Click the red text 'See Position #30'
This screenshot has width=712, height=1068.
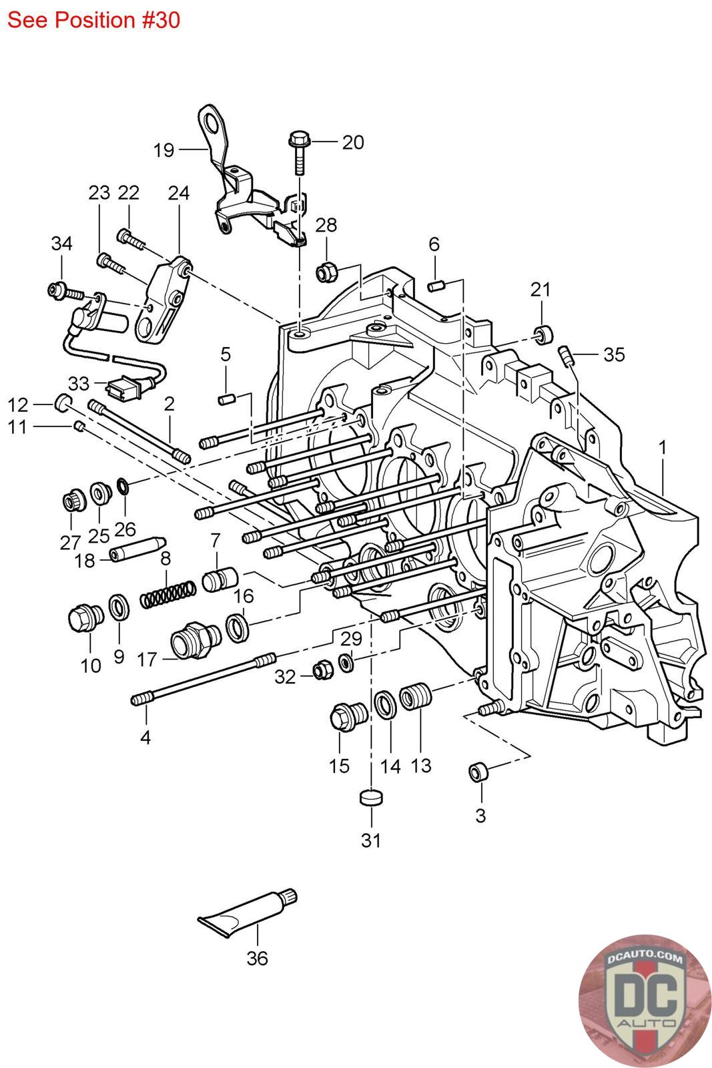tap(93, 20)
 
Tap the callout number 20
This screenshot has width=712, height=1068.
tap(353, 142)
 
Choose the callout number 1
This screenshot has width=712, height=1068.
tap(662, 449)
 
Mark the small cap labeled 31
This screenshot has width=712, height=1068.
tap(370, 798)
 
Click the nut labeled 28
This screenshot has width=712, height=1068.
tap(327, 272)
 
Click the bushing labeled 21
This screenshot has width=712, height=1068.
tap(545, 332)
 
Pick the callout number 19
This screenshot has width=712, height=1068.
tap(163, 150)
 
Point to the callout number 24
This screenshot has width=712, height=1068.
tap(178, 193)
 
